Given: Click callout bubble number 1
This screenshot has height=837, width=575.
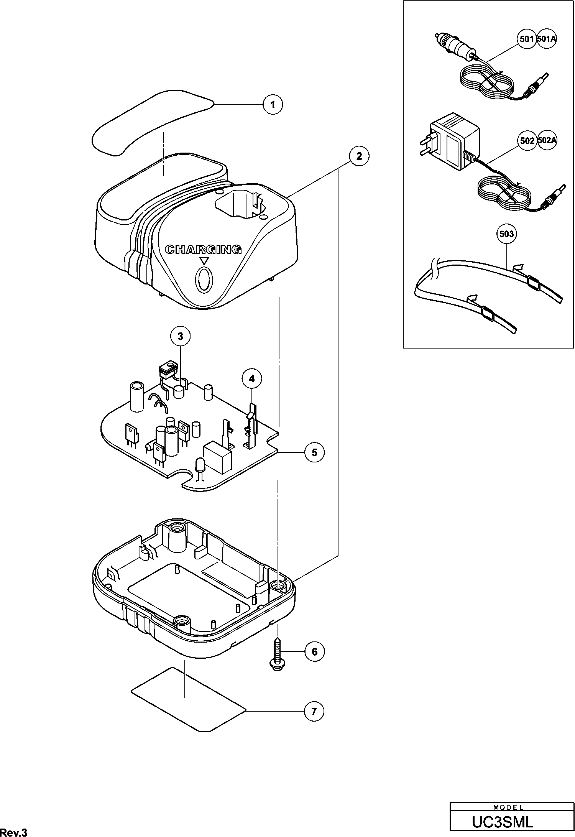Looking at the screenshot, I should pyautogui.click(x=273, y=104).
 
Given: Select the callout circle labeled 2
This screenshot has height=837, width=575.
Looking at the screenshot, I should pyautogui.click(x=359, y=156).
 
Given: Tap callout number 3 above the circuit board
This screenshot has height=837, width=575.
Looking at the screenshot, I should pyautogui.click(x=180, y=336).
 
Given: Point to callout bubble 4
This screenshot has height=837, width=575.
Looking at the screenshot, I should pyautogui.click(x=251, y=379).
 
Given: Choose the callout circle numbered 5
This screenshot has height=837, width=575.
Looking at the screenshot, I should pyautogui.click(x=314, y=452).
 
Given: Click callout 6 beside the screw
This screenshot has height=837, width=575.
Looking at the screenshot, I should pyautogui.click(x=314, y=652).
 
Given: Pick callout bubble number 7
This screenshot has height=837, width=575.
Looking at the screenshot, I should pyautogui.click(x=314, y=712).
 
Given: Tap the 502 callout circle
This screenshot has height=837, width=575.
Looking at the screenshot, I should pyautogui.click(x=527, y=141).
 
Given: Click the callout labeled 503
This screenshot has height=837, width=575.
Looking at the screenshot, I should pyautogui.click(x=507, y=234).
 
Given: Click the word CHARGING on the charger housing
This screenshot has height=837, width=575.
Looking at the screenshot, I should pyautogui.click(x=203, y=250).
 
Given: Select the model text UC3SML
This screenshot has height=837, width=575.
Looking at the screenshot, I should pyautogui.click(x=502, y=822).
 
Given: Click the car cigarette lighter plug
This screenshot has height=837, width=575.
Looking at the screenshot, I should pyautogui.click(x=456, y=47).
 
